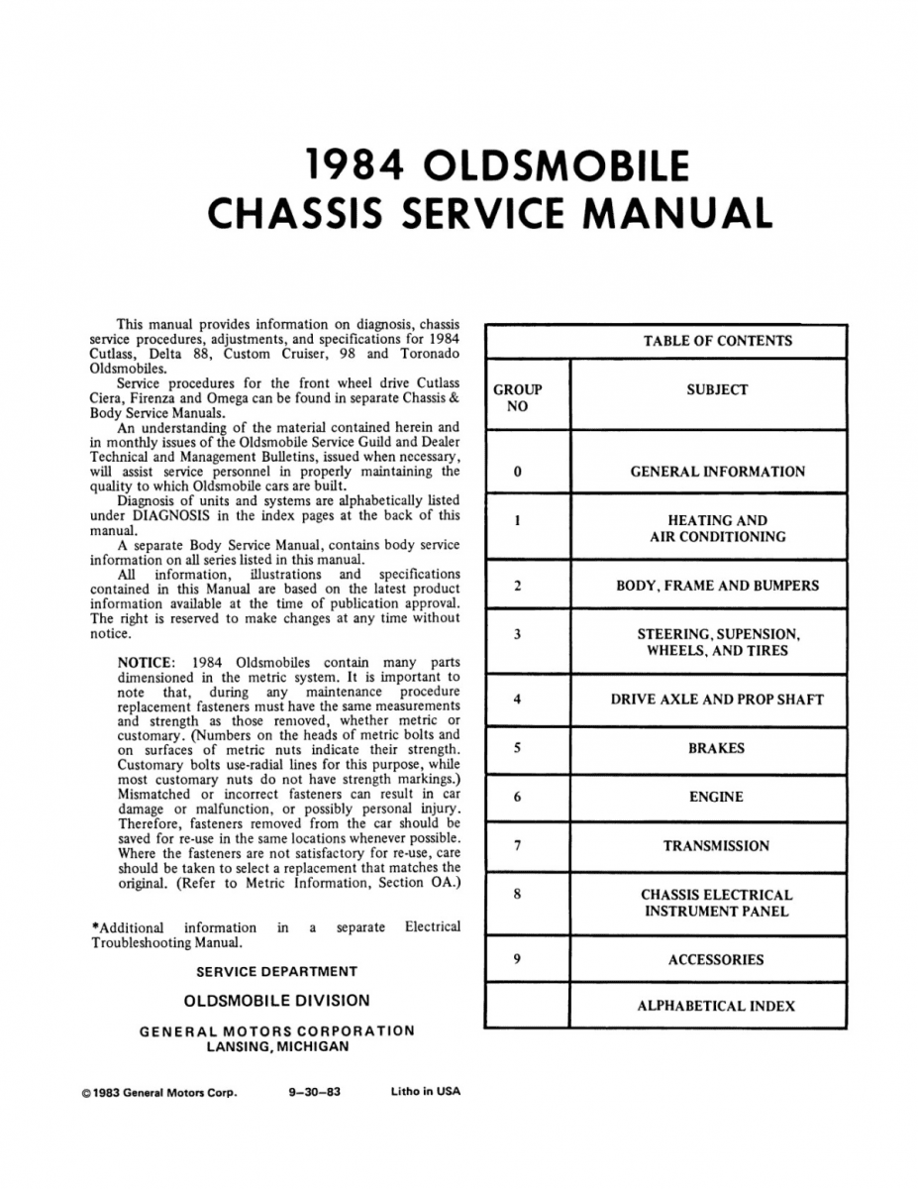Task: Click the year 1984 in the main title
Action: click(355, 165)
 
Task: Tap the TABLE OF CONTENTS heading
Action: click(717, 341)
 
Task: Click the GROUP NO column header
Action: click(518, 398)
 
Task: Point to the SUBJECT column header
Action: click(717, 390)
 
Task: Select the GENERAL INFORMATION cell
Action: click(717, 472)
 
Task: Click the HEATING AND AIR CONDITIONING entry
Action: click(717, 528)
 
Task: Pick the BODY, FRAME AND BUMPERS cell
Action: click(717, 586)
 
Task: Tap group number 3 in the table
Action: click(518, 634)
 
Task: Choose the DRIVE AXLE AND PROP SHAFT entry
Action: click(717, 700)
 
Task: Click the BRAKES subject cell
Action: click(717, 748)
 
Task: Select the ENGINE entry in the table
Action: click(717, 797)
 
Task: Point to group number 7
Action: click(518, 845)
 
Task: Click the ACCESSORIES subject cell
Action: click(717, 959)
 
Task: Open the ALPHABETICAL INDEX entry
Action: click(717, 1006)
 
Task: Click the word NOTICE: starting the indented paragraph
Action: click(146, 662)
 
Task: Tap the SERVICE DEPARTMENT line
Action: click(277, 972)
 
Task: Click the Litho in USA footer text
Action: click(426, 1092)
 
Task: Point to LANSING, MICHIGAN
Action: click(277, 1046)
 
